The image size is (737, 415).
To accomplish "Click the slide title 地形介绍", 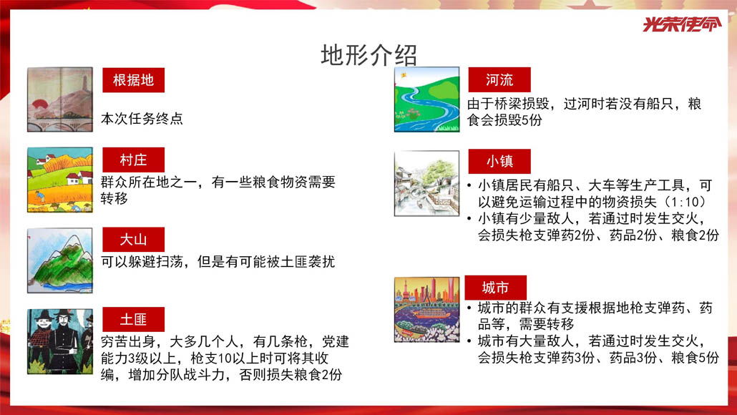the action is pyautogui.click(x=368, y=55).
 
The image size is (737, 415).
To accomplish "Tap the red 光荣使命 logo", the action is pyautogui.click(x=681, y=24).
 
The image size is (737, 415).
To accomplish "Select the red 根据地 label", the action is pyautogui.click(x=134, y=80).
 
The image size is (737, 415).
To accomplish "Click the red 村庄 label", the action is pyautogui.click(x=134, y=160).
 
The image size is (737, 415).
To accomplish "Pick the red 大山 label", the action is pyautogui.click(x=134, y=240).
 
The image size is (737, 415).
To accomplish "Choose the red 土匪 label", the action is pyautogui.click(x=134, y=320).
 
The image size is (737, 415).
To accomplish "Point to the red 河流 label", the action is pyautogui.click(x=499, y=80).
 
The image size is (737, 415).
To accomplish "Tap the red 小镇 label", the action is pyautogui.click(x=499, y=162).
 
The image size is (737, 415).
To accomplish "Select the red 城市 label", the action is pyautogui.click(x=495, y=288).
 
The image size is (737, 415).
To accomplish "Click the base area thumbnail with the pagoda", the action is pyautogui.click(x=60, y=99).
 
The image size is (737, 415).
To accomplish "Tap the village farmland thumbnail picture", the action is pyautogui.click(x=60, y=180).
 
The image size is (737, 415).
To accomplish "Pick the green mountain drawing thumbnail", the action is pyautogui.click(x=60, y=260).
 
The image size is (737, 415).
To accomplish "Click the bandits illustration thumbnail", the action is pyautogui.click(x=60, y=341).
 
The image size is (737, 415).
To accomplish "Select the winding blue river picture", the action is pyautogui.click(x=426, y=99).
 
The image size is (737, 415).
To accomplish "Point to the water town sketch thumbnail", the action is pyautogui.click(x=426, y=183).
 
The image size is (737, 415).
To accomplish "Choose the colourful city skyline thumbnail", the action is pyautogui.click(x=426, y=309).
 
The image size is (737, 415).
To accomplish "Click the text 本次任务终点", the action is pyautogui.click(x=142, y=119).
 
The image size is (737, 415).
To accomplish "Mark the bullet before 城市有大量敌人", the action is pyautogui.click(x=469, y=341).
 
